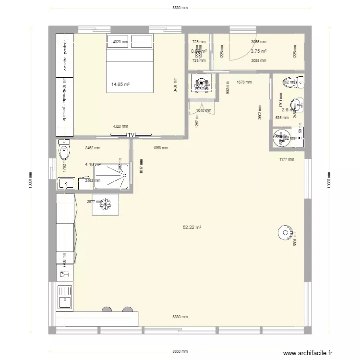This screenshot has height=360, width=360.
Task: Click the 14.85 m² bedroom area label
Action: (120, 84)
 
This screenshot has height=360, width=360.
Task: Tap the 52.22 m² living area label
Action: (192, 228)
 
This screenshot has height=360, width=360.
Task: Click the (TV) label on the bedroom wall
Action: (131, 135)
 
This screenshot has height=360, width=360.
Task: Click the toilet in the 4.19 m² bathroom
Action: (64, 152)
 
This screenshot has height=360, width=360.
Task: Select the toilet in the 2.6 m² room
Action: (291, 82)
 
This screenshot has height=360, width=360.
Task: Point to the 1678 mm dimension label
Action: (244, 82)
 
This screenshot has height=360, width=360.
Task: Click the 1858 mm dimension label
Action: (160, 148)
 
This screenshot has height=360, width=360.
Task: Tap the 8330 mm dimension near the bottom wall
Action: (180, 317)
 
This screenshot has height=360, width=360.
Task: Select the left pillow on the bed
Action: (118, 42)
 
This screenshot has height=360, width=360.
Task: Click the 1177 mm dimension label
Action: (287, 159)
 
